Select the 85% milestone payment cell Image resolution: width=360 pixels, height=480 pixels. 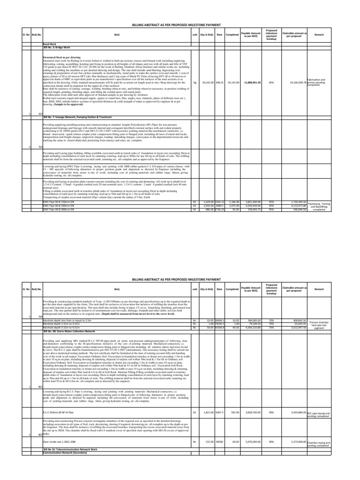click(x=271, y=82)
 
